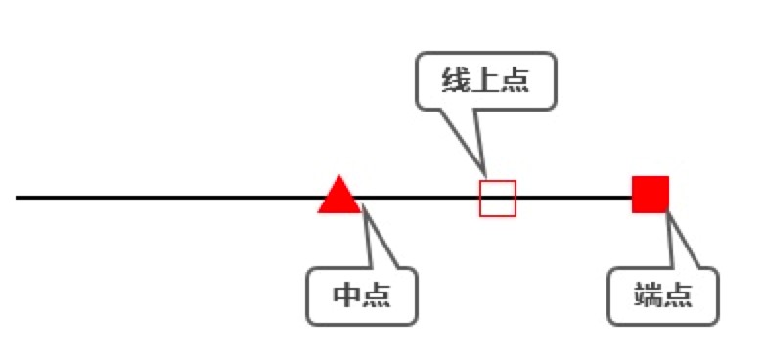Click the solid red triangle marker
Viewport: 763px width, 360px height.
tap(339, 197)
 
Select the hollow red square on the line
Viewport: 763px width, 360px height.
tap(497, 198)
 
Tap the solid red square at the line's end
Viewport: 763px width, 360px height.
tap(650, 194)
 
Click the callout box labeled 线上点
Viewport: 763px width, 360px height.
tap(486, 81)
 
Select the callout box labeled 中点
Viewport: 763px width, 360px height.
tap(362, 295)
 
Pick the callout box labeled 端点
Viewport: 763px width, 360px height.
tap(663, 295)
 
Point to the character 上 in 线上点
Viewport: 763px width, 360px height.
tap(486, 81)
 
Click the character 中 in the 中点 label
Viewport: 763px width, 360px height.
tap(347, 295)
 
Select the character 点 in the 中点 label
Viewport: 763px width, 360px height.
tap(378, 295)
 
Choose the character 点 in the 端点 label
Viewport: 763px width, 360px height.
tap(679, 295)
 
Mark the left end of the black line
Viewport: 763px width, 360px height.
tap(18, 198)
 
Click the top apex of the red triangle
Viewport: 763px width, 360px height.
tap(339, 177)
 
